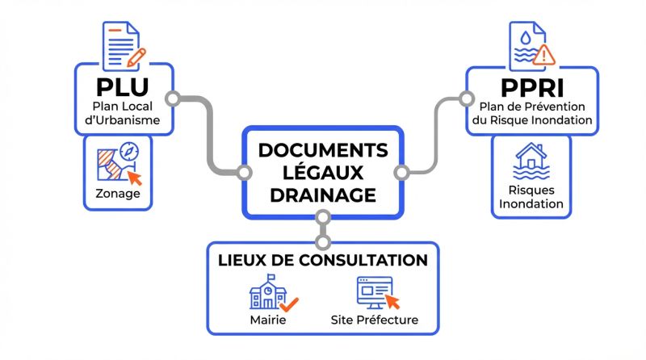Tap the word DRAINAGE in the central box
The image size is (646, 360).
click(322, 195)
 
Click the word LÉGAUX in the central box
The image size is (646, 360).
click(322, 172)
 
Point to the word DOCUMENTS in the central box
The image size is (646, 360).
click(322, 150)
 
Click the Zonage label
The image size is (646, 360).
click(117, 194)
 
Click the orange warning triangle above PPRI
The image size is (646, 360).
click(544, 54)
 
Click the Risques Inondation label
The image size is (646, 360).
click(531, 197)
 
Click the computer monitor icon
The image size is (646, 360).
click(375, 292)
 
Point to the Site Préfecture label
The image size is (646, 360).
click(375, 320)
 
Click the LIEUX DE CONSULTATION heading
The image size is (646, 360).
click(322, 260)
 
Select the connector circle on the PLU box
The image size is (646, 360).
click(171, 99)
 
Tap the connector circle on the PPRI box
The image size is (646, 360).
click(466, 99)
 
